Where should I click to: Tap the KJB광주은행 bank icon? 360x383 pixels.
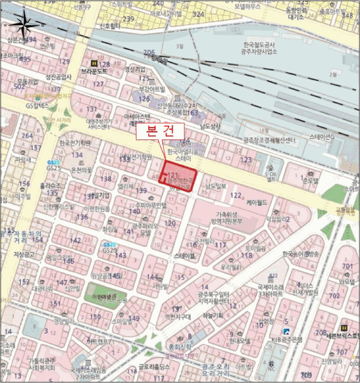coord(286,331)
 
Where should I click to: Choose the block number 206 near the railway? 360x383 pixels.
coord(149,52)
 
